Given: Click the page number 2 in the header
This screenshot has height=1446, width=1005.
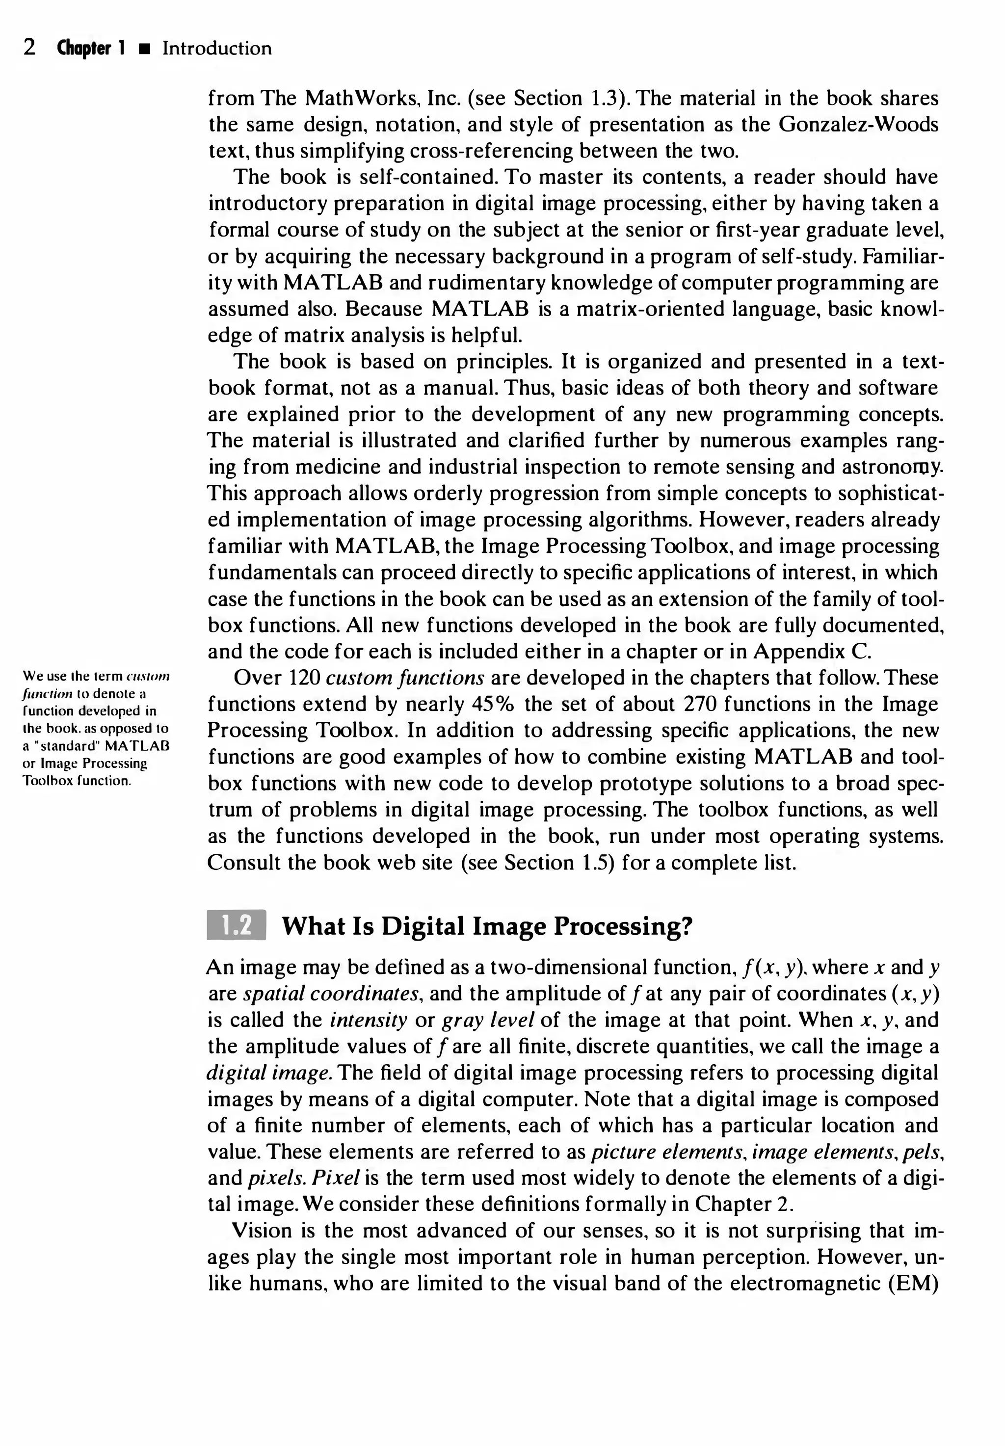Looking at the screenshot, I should tap(29, 49).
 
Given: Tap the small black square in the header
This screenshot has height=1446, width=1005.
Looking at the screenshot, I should tap(145, 50).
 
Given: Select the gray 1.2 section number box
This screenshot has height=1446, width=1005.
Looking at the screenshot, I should tap(236, 925).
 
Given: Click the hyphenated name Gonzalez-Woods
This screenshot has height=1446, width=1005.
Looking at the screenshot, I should tap(858, 125).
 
